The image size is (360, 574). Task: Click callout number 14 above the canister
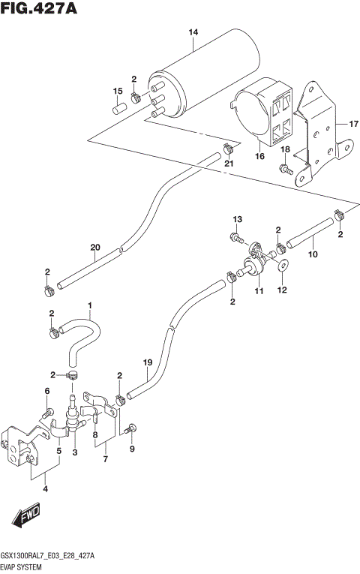pos(193,32)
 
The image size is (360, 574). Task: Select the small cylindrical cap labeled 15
pos(118,109)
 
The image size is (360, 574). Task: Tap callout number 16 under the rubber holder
pos(260,156)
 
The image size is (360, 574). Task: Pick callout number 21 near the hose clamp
pos(229,164)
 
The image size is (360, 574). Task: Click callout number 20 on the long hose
pos(94,247)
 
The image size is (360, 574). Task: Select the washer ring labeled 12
pos(283,266)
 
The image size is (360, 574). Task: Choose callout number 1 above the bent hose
pos(89,305)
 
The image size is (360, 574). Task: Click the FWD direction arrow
pos(25,516)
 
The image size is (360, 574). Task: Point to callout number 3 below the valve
pos(74,452)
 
